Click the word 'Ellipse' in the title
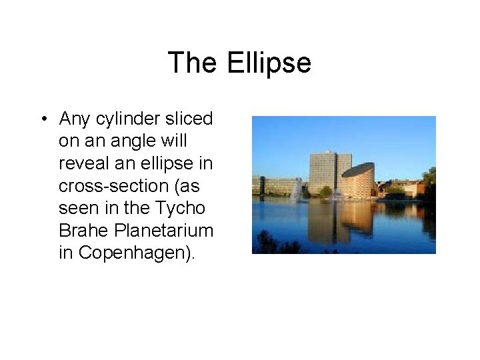(x=269, y=63)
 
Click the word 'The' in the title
(x=192, y=63)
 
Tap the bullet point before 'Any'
(x=43, y=120)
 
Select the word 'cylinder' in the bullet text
(x=126, y=119)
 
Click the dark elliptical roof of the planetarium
(x=358, y=169)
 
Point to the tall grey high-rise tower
(x=329, y=172)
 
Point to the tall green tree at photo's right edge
(x=429, y=180)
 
